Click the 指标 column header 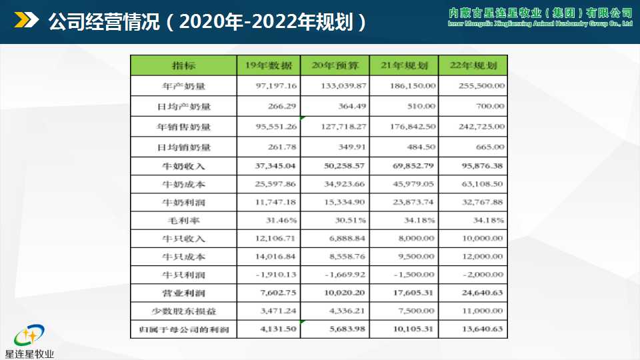[x=183, y=65]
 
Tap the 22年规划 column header [x=474, y=65]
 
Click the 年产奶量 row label [x=183, y=86]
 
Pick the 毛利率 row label [x=183, y=219]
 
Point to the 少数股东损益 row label [x=183, y=311]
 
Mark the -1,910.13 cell [x=278, y=275]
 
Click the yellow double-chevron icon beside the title [x=27, y=21]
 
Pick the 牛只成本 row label [x=183, y=256]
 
